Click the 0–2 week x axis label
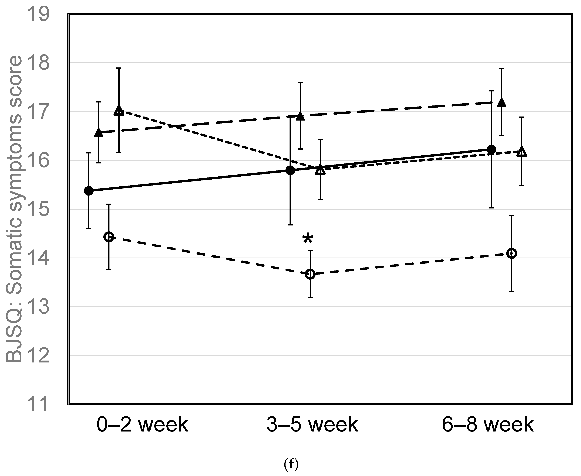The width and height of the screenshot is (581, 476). pos(142,425)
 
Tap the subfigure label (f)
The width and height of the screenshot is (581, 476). pos(291,464)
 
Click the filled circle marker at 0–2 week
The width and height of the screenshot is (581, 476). pos(89,191)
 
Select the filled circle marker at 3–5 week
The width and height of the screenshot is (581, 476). pos(290,170)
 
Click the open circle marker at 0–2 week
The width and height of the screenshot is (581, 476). pos(109,237)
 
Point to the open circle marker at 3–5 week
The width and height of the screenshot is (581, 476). pos(310,274)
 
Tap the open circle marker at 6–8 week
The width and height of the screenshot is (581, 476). pos(512,253)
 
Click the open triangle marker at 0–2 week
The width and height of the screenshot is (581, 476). pos(119,110)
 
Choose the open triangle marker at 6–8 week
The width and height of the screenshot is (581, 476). pos(521,152)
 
